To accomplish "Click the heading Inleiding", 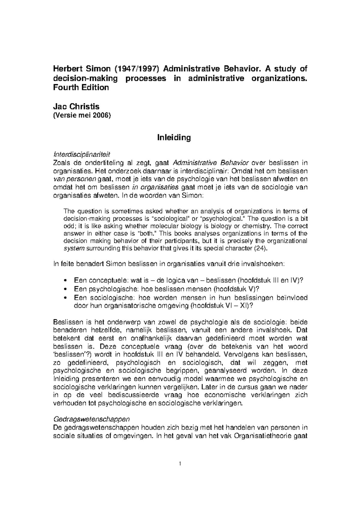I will coord(174,138).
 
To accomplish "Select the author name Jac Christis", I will coord(76,106).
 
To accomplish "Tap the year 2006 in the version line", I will coord(102,115).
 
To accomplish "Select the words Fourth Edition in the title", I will coord(81,88).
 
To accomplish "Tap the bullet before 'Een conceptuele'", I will coord(65,281).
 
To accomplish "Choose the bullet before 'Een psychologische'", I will coord(65,289).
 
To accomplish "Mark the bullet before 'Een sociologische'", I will coord(65,298).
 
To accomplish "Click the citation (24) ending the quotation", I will coord(260,249).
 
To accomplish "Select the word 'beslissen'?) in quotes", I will coord(69,355).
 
